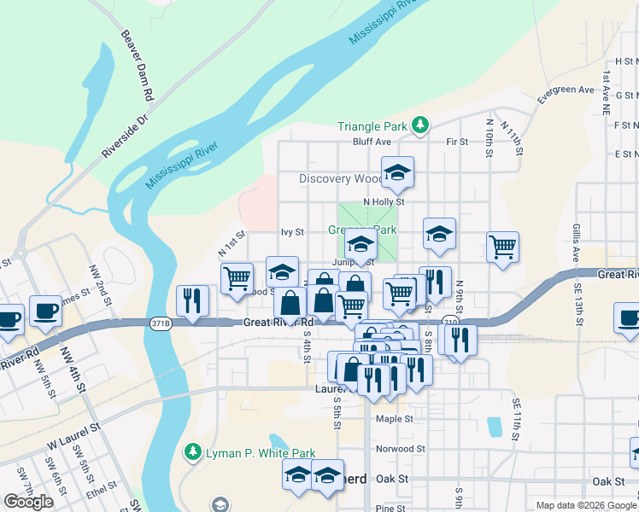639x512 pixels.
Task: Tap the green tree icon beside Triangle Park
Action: point(419,125)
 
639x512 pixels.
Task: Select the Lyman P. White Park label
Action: point(261,453)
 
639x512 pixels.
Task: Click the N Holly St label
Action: point(383,201)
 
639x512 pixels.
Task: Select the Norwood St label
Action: point(401,448)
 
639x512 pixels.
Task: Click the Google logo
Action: point(28,501)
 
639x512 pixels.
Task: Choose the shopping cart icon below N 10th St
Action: point(503,247)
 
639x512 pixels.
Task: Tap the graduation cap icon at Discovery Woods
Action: point(397,173)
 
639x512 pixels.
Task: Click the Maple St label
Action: point(395,419)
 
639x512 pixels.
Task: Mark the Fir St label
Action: point(458,142)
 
